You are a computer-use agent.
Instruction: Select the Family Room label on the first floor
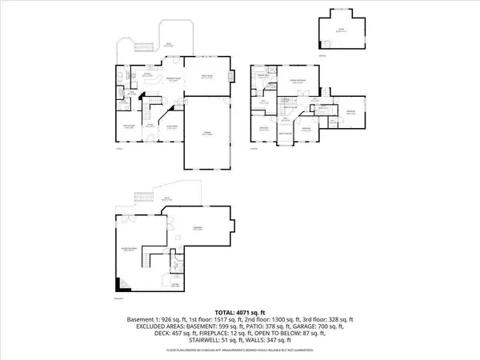(207, 76)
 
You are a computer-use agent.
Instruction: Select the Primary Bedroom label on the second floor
(298, 82)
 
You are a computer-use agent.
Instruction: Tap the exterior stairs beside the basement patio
(142, 198)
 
